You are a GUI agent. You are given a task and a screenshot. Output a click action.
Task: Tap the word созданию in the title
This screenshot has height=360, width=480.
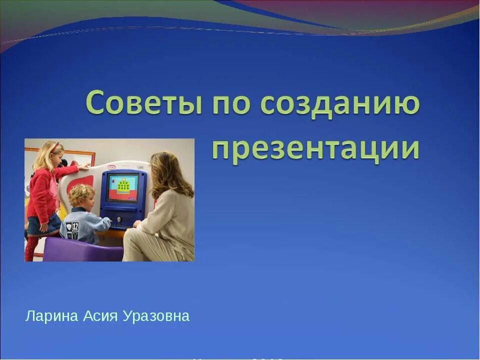340,104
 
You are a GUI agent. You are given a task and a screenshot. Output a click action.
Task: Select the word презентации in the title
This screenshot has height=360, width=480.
315,148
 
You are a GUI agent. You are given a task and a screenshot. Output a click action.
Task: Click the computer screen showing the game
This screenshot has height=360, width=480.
122,187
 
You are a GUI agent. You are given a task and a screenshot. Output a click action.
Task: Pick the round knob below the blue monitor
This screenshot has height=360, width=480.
119,218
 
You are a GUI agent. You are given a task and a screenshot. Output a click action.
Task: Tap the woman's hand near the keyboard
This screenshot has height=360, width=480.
136,224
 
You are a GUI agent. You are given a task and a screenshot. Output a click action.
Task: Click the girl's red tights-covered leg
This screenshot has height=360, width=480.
31,247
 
